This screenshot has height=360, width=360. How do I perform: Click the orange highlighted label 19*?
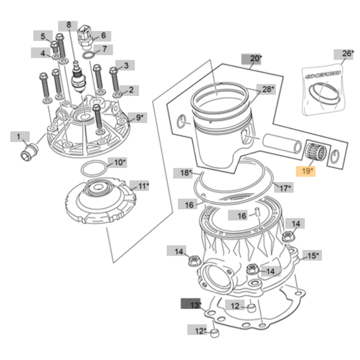306,171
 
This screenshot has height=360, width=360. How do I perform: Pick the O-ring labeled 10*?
94,169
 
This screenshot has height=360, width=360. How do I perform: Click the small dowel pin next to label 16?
257,212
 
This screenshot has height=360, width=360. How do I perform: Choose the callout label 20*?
251,59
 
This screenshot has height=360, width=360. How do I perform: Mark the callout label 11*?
139,186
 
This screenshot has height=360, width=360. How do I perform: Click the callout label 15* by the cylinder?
312,256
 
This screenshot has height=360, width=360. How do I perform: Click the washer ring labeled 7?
88,55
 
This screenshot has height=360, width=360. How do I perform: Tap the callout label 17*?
284,188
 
